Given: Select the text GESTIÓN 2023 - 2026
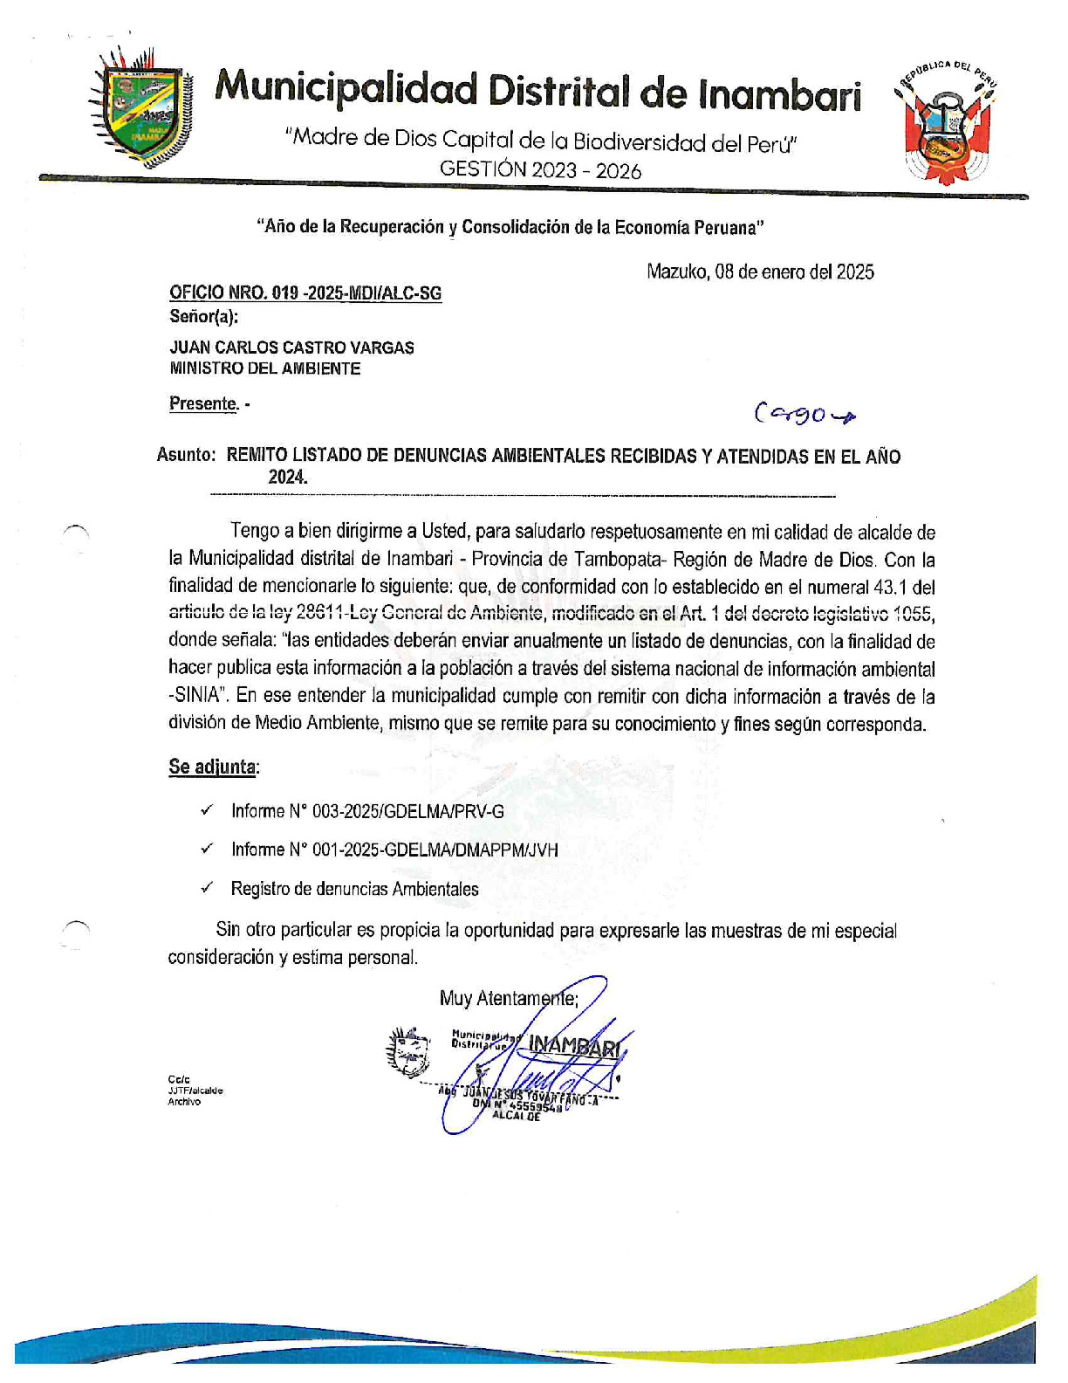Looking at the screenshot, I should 540,170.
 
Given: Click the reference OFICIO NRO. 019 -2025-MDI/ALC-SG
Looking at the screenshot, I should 305,293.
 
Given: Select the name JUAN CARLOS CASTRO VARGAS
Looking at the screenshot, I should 291,347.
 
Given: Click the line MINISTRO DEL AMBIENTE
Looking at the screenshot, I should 264,368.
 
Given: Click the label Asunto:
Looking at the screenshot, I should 186,456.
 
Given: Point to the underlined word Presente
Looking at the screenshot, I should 202,404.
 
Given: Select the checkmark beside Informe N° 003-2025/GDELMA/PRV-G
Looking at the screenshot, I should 207,810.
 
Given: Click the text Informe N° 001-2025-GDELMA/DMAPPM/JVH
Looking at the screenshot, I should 394,850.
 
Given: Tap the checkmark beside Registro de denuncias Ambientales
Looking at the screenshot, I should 207,888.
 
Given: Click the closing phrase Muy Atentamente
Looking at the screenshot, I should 508,998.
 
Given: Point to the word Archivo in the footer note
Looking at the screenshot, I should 184,1102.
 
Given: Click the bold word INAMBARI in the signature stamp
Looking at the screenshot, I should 574,1045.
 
